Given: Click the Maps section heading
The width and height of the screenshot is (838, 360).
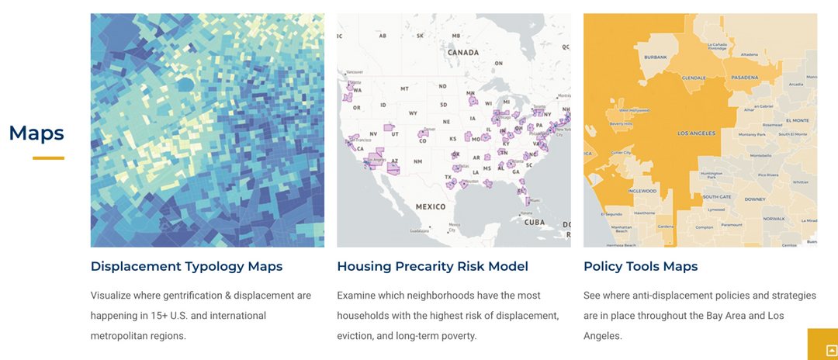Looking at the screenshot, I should pyautogui.click(x=36, y=133).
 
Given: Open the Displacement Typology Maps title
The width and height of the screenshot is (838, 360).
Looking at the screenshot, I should pyautogui.click(x=186, y=266).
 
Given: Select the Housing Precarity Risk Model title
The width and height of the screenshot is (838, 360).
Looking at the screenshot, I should pyautogui.click(x=432, y=266).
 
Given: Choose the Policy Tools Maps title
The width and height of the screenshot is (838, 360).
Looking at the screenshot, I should pyautogui.click(x=640, y=266).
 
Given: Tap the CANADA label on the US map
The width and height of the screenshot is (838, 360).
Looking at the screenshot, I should pyautogui.click(x=464, y=53).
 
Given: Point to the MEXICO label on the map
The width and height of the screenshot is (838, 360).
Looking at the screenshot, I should pyautogui.click(x=430, y=206).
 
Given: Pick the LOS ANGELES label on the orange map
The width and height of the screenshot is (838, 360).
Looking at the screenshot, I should pyautogui.click(x=696, y=133).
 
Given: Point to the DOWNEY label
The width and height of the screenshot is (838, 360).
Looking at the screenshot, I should pyautogui.click(x=754, y=199).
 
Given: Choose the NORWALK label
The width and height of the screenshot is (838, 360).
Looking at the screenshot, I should pyautogui.click(x=774, y=219).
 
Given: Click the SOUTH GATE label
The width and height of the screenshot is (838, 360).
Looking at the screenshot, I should pyautogui.click(x=717, y=197).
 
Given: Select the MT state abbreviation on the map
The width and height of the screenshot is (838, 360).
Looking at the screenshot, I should pyautogui.click(x=403, y=88).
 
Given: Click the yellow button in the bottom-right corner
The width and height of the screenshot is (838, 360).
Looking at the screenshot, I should pyautogui.click(x=822, y=345).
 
